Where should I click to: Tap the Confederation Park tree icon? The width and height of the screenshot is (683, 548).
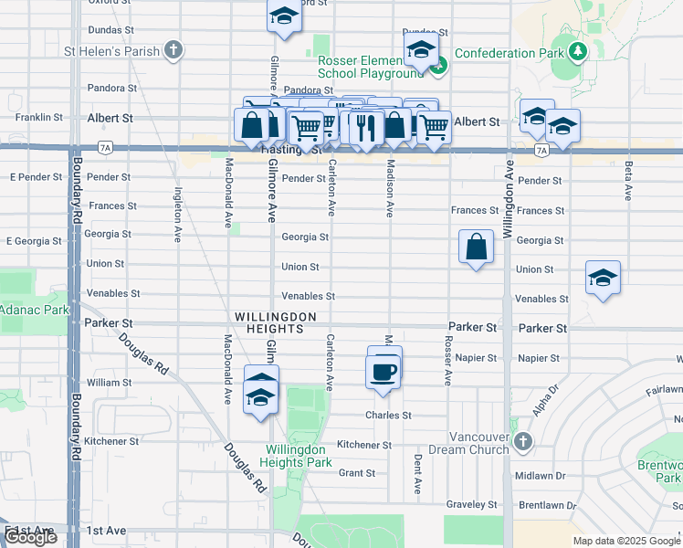(x=577, y=52)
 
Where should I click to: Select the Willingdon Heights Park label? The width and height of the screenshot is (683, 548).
(x=299, y=456)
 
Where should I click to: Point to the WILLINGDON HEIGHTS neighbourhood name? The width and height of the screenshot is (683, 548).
(x=275, y=322)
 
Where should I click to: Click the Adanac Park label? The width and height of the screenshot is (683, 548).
(x=34, y=311)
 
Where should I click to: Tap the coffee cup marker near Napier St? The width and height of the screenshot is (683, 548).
(x=382, y=372)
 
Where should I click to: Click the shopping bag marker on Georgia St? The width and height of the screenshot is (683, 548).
(x=477, y=247)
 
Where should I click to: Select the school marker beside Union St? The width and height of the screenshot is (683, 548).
(x=603, y=278)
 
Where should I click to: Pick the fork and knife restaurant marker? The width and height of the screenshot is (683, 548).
(x=365, y=126)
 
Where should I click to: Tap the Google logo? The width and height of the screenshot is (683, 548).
(x=30, y=537)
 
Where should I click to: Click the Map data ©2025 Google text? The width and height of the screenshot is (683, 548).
(x=625, y=541)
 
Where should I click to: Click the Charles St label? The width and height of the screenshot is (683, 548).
(x=387, y=415)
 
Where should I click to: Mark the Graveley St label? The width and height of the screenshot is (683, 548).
(x=471, y=504)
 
